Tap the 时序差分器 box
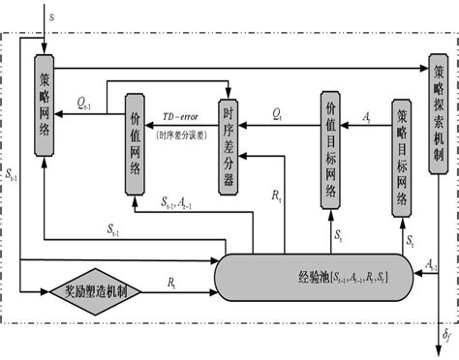tap(229, 141)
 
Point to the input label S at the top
tap(51, 16)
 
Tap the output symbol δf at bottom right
tap(446, 336)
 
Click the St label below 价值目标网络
tap(338, 234)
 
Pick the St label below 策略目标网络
tap(411, 239)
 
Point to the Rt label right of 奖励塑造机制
tap(171, 282)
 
